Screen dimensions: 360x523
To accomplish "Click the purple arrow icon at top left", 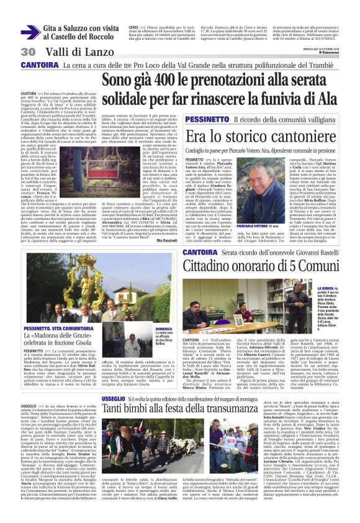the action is tap(30, 33).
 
